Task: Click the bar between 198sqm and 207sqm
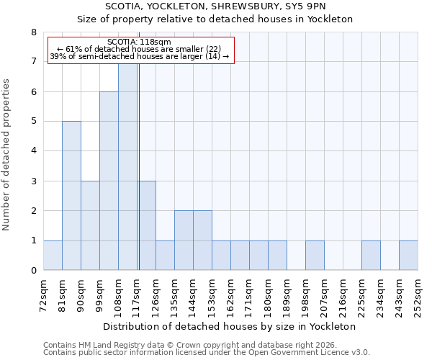click(x=315, y=256)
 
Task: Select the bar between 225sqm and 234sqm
click(x=371, y=256)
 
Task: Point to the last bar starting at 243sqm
click(x=408, y=256)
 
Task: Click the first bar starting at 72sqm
click(x=53, y=256)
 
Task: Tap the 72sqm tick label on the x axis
click(x=44, y=294)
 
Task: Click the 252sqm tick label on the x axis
click(x=418, y=294)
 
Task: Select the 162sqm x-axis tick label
click(x=231, y=294)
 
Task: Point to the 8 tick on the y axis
click(x=32, y=32)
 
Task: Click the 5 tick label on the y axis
click(x=32, y=122)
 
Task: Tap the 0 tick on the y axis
click(x=32, y=271)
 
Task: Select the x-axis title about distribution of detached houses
click(x=230, y=326)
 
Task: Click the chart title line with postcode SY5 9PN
click(x=230, y=6)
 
